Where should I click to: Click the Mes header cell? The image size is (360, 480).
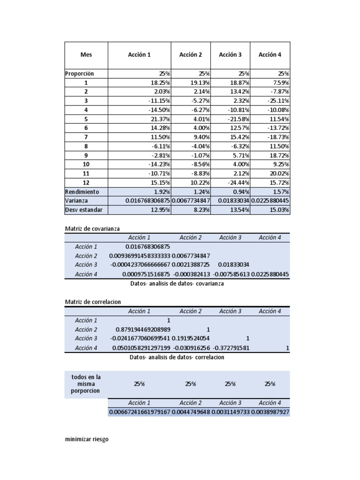click(x=86, y=55)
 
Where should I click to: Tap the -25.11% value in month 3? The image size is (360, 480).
click(x=276, y=101)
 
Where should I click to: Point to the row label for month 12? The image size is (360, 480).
click(x=86, y=183)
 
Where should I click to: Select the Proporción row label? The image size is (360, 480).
click(x=80, y=74)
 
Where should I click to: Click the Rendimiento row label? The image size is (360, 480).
click(x=82, y=192)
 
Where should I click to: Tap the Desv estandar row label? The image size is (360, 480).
click(x=83, y=210)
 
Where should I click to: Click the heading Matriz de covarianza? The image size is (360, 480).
click(x=92, y=229)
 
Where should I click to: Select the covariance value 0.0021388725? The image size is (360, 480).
click(x=191, y=265)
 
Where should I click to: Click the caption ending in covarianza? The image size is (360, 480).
click(x=177, y=284)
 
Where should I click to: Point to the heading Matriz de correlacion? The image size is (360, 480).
click(x=93, y=302)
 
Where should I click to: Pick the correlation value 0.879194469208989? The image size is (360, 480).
click(x=140, y=330)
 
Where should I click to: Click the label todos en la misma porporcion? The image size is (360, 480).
click(x=86, y=384)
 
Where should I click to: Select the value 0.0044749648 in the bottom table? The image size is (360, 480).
click(x=191, y=412)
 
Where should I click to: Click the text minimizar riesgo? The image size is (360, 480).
click(x=87, y=440)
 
